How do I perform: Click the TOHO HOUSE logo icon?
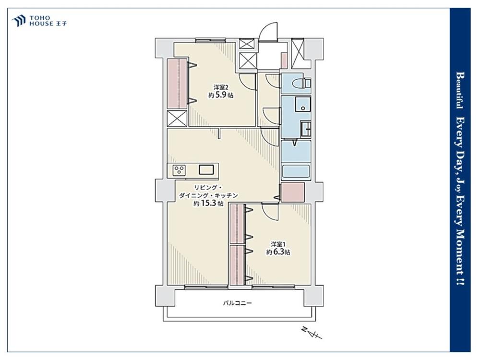point(18,21)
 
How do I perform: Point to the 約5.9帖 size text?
point(221,95)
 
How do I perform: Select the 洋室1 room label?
point(278,245)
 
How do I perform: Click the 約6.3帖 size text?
point(278,252)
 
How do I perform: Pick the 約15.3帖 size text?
point(208,204)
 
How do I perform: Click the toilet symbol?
point(301,83)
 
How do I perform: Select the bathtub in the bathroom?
point(296,171)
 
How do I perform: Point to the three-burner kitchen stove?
point(179,170)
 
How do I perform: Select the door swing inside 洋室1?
point(269,212)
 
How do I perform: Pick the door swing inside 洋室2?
point(247,82)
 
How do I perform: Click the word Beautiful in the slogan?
point(459,90)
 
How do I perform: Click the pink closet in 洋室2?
point(177,84)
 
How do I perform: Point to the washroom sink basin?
point(303,104)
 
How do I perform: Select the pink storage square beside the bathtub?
point(293,192)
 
